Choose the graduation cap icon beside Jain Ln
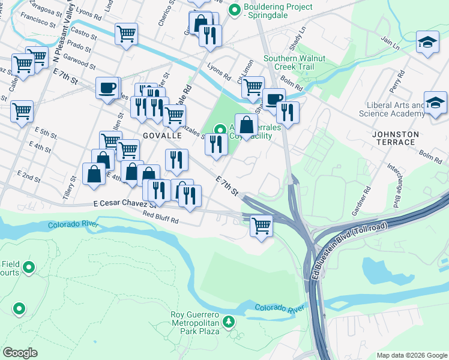point(427,43)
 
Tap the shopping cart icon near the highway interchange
point(261,226)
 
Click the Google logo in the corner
point(20,353)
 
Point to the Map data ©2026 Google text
point(411,355)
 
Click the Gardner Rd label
point(364,201)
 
